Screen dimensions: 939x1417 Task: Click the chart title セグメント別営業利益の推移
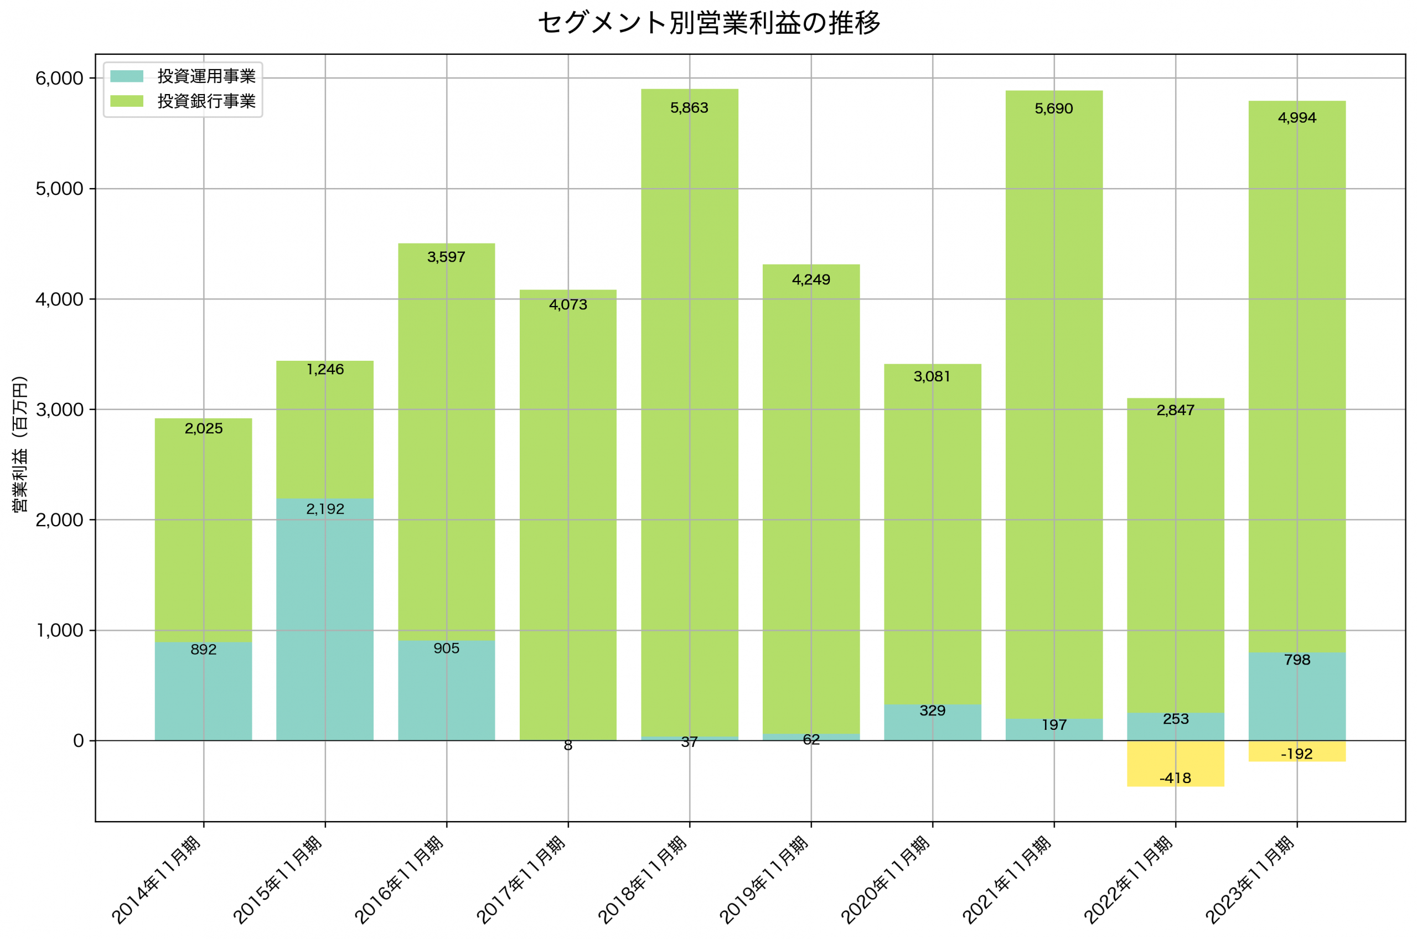708,23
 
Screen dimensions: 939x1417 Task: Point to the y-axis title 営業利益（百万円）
20,444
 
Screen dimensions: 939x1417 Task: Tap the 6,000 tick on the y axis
59,79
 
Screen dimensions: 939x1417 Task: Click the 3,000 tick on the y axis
59,409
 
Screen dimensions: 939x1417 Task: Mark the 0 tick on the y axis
78,741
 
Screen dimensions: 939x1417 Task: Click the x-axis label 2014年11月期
157,879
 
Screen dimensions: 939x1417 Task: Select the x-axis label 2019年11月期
764,879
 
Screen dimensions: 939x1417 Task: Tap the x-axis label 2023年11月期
1250,879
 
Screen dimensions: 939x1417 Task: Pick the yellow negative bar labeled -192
1297,751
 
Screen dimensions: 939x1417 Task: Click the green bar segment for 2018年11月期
689,413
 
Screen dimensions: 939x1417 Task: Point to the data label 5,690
1053,109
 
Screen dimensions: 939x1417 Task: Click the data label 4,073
568,305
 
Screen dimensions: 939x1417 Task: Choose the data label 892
204,650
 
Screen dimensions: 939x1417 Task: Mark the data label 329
932,711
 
